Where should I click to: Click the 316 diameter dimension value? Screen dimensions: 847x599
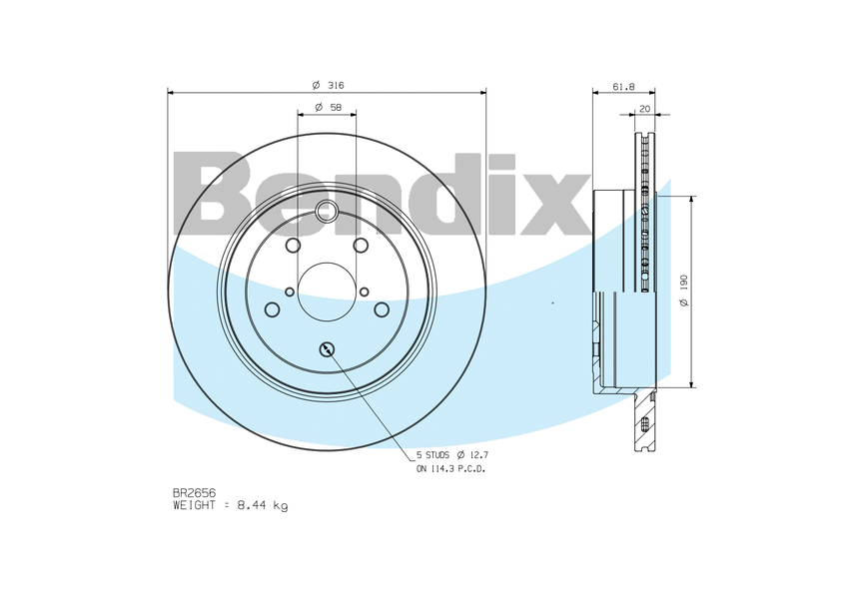point(329,85)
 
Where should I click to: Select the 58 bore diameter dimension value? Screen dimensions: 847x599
point(329,108)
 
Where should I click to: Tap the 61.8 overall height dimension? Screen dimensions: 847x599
point(624,87)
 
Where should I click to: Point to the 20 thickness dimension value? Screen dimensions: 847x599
point(645,109)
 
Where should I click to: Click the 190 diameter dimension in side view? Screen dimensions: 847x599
point(684,291)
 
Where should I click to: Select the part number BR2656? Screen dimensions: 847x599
point(195,493)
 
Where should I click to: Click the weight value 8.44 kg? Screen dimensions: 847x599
point(263,506)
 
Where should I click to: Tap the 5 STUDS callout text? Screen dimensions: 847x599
point(432,455)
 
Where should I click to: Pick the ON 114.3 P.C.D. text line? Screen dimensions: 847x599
point(450,469)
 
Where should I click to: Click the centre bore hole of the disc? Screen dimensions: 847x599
point(327,292)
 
